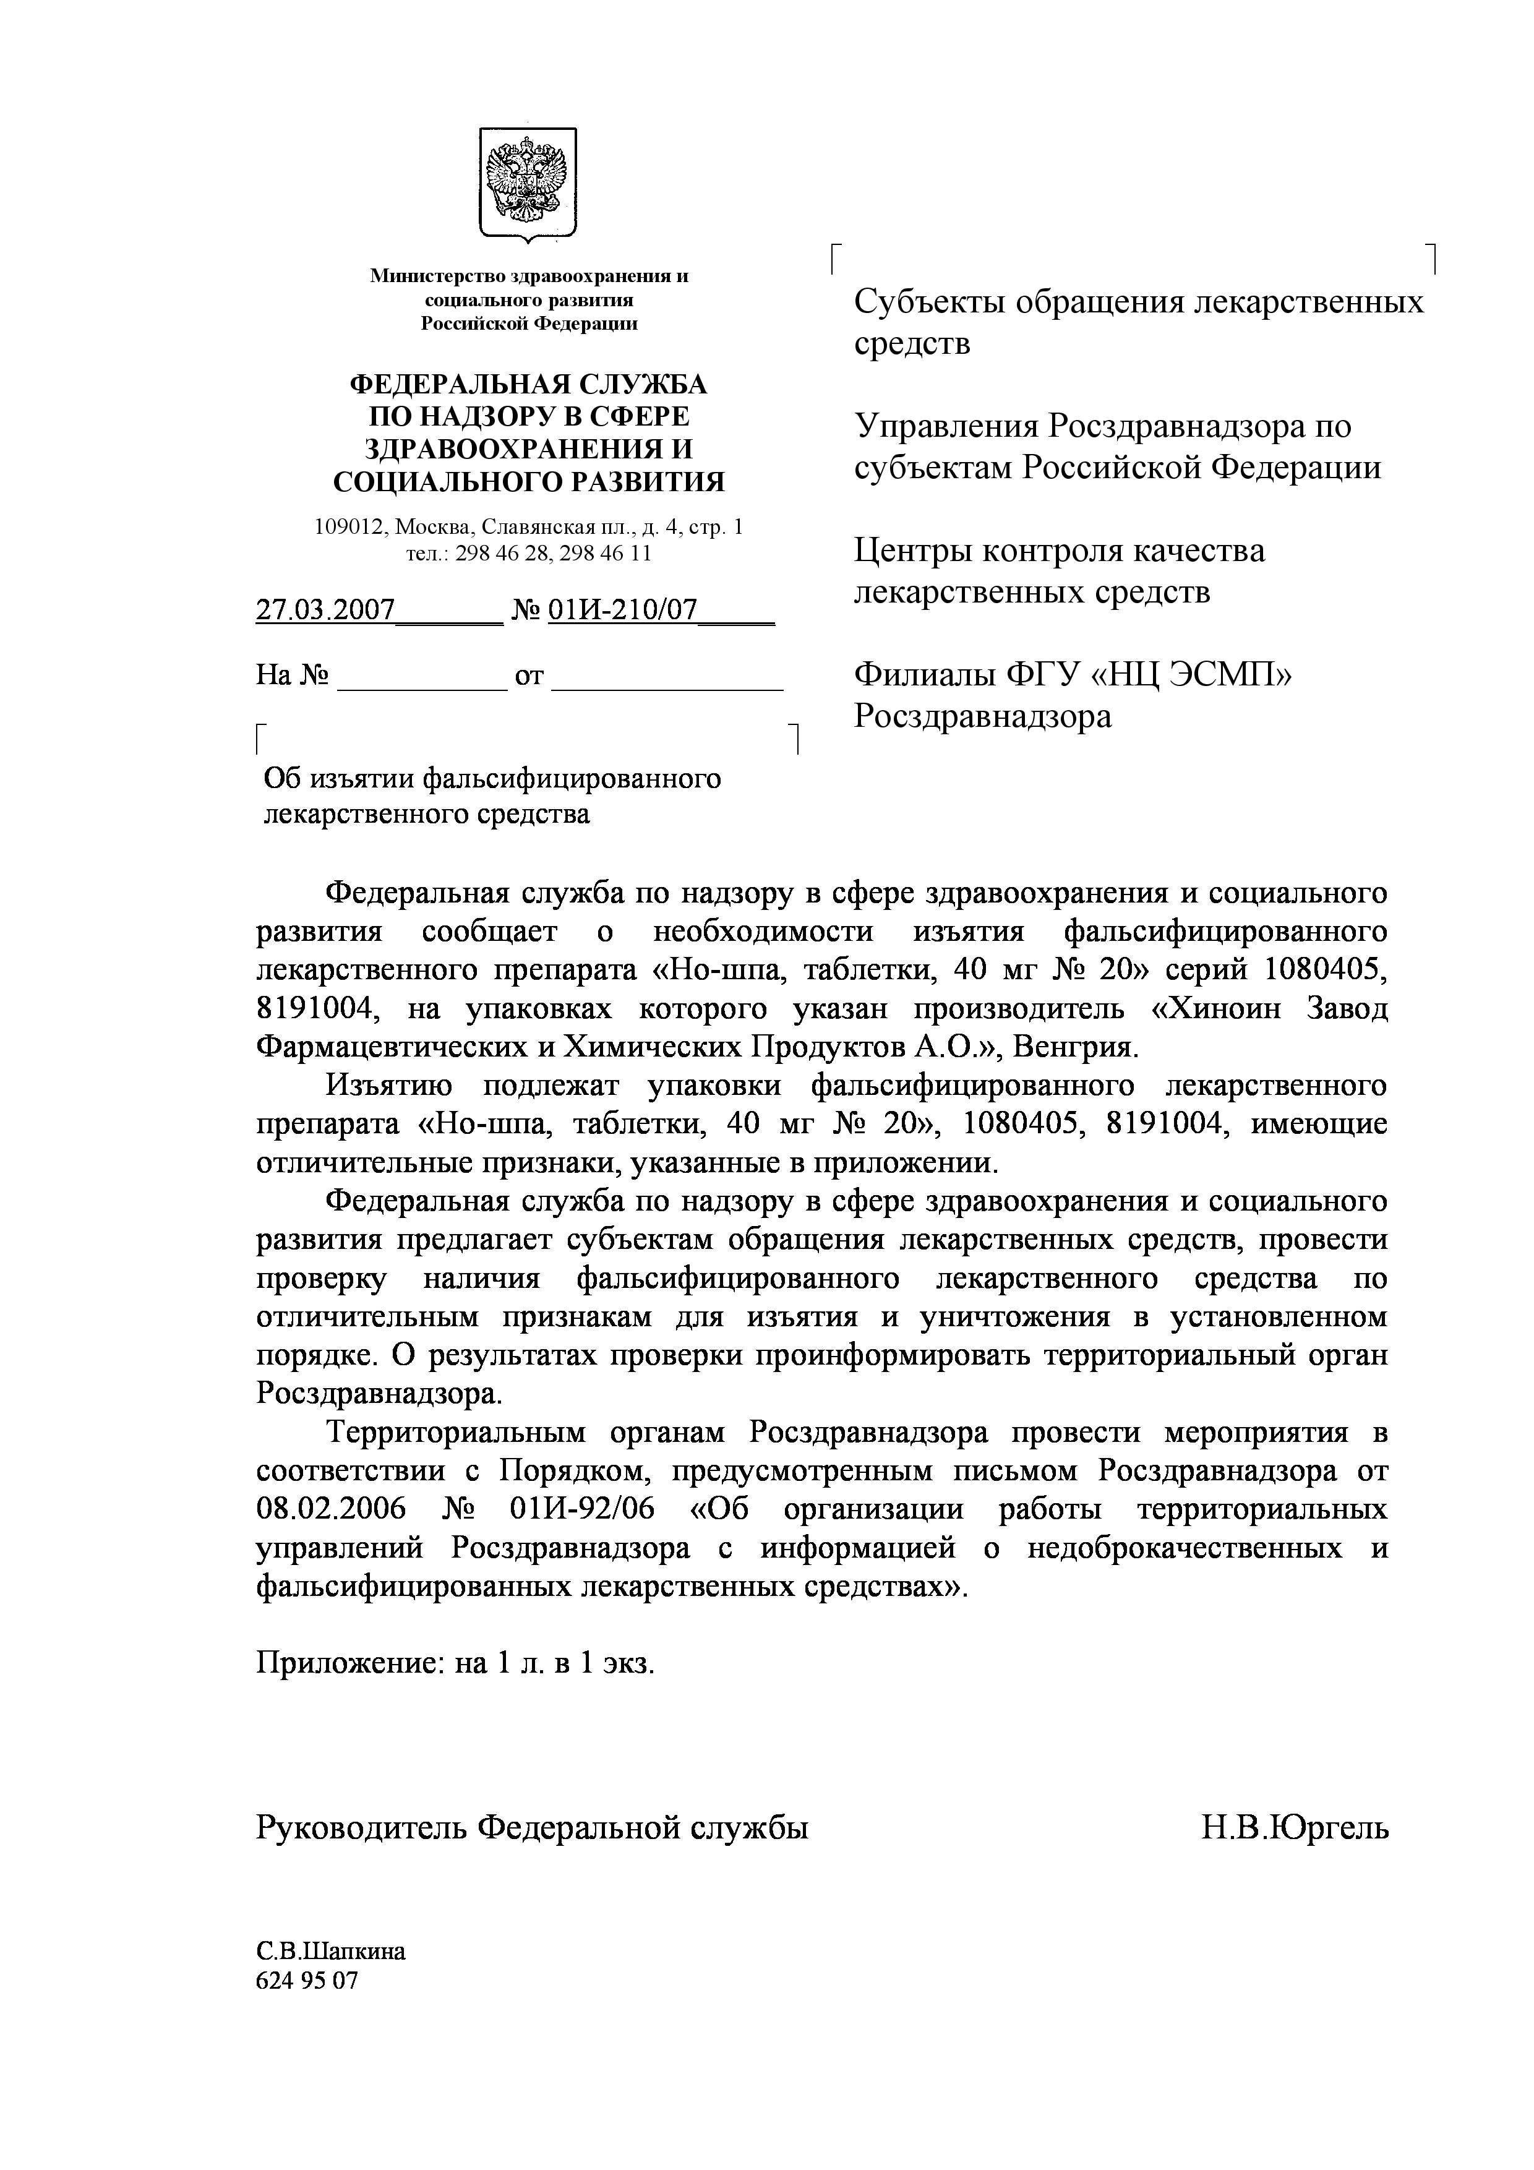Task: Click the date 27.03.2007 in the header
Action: [x=325, y=611]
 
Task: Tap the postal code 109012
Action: [x=349, y=528]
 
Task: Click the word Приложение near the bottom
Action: [x=348, y=1663]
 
